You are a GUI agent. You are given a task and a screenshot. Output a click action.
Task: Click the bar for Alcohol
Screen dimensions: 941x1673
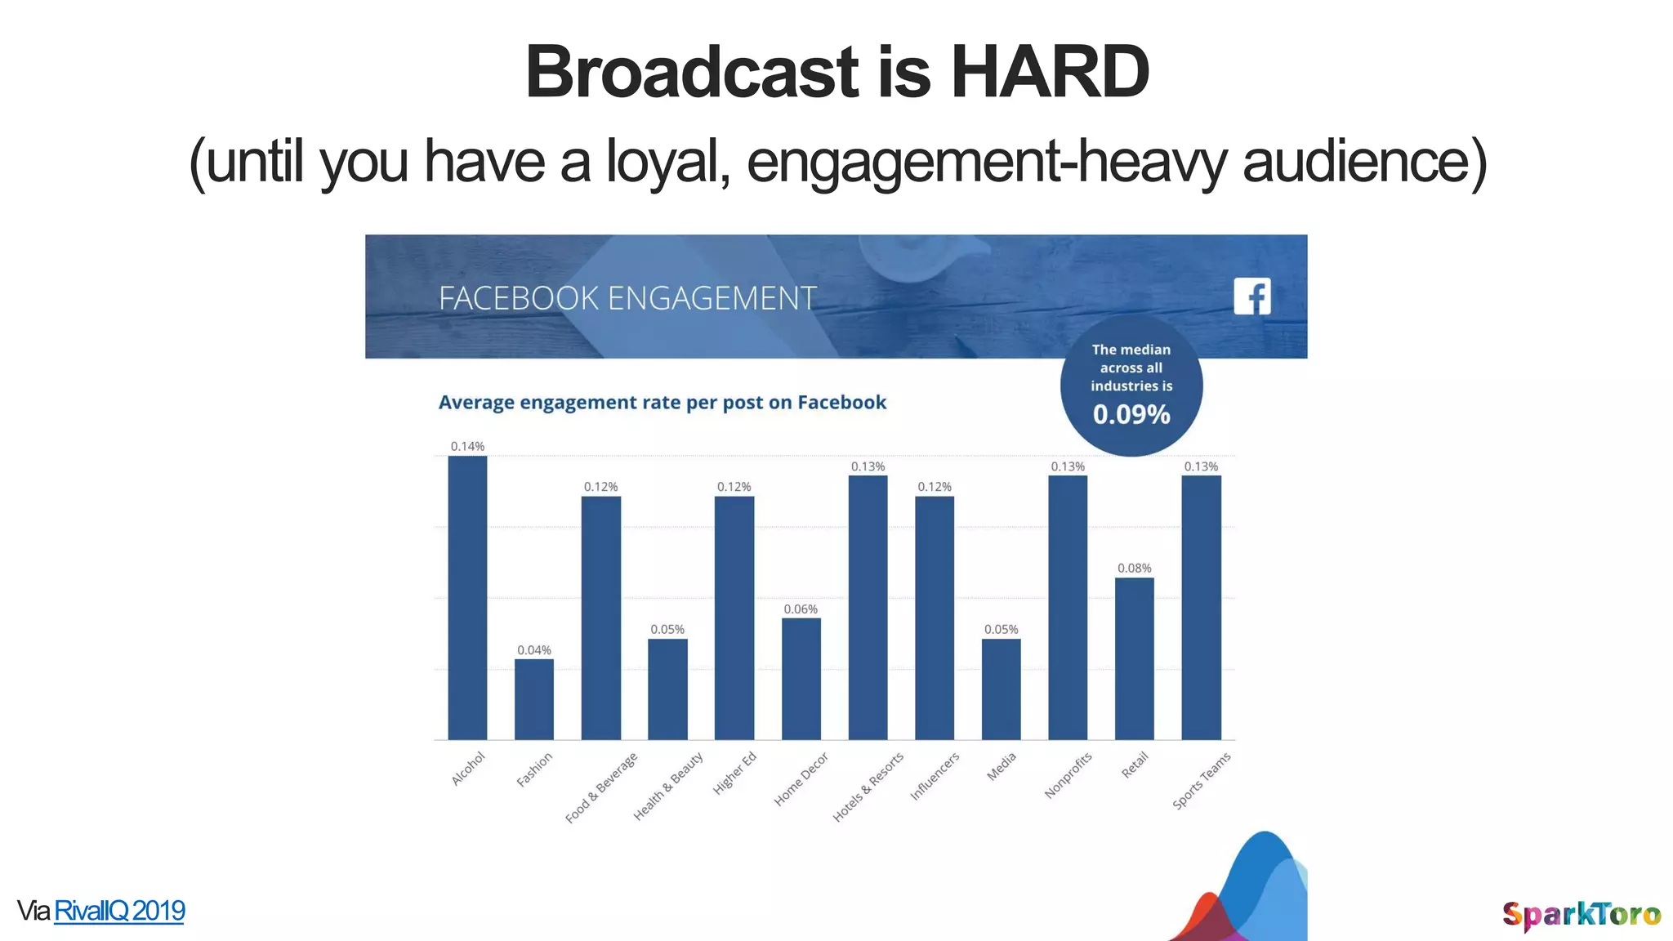[x=467, y=598]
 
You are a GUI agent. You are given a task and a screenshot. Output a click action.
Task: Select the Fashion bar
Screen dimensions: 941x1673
[x=534, y=699]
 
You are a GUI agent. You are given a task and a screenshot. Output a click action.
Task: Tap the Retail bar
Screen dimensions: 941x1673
[x=1135, y=658]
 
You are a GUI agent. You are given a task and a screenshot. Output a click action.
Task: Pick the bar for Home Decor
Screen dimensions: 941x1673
[x=801, y=679]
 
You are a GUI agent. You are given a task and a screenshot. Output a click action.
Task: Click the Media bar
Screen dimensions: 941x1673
[x=1002, y=689]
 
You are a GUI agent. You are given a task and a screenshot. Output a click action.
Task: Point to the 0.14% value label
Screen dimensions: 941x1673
[x=467, y=446]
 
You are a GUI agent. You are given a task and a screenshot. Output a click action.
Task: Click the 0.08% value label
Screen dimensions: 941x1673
[x=1135, y=568]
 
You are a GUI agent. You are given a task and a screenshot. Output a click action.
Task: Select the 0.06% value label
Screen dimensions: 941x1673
[x=801, y=609]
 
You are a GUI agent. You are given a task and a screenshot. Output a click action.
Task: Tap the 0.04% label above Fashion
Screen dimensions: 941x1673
[x=534, y=649]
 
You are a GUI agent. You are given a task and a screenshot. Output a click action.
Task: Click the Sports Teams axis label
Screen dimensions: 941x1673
[x=1201, y=781]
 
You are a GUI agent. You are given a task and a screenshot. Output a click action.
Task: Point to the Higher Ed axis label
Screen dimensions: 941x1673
[x=734, y=773]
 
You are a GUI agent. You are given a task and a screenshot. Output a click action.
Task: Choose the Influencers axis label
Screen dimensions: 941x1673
[x=935, y=776]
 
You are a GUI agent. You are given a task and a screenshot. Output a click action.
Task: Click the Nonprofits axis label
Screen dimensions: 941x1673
[x=1068, y=775]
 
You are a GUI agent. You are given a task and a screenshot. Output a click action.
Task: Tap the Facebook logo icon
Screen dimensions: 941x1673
[x=1252, y=296]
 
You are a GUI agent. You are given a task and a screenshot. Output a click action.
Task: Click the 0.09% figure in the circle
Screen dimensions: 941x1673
[x=1131, y=414]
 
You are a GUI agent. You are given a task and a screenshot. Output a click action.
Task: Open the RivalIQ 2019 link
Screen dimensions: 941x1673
[x=119, y=911]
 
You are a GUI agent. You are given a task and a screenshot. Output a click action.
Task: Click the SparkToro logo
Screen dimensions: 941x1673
[x=1582, y=915]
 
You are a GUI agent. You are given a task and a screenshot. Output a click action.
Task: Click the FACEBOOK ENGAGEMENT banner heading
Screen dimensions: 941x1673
[x=627, y=298]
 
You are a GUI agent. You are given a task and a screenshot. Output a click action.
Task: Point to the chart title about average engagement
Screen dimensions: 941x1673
[x=663, y=403]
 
